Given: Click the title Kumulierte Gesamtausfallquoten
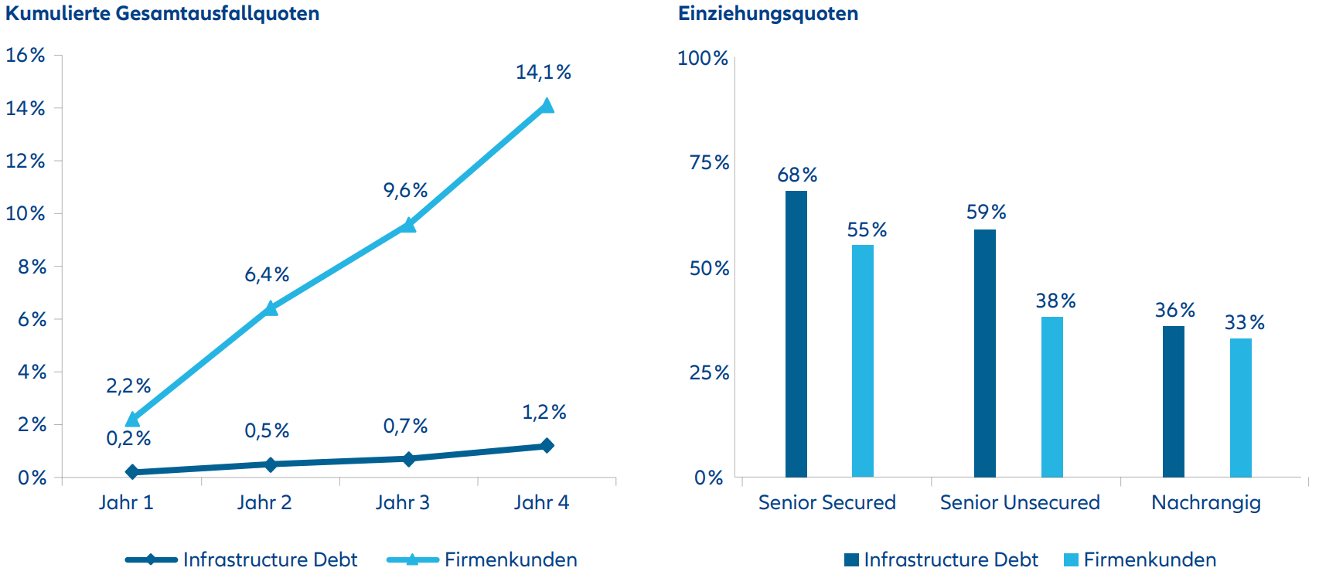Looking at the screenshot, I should (162, 14).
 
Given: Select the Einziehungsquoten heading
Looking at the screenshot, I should (768, 14).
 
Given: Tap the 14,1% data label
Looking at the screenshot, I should (544, 73).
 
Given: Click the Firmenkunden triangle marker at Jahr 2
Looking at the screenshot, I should (271, 309).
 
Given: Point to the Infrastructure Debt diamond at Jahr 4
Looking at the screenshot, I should (547, 446).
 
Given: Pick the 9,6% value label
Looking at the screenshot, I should (406, 191).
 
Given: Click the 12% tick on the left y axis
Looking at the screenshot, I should (26, 161).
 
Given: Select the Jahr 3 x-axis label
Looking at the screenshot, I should (403, 503).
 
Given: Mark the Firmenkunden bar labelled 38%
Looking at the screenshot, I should (1052, 397).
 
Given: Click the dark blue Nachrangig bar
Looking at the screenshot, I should (1174, 402).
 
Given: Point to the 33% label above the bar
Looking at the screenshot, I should (1245, 323).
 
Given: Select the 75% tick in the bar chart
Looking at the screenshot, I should (709, 163).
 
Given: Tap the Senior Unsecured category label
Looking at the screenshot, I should (1020, 503).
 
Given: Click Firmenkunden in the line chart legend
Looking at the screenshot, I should (510, 559).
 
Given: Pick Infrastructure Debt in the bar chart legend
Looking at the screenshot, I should (950, 559).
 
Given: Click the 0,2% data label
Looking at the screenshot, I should (128, 439).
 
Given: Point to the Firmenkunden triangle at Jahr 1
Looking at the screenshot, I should (133, 420).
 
